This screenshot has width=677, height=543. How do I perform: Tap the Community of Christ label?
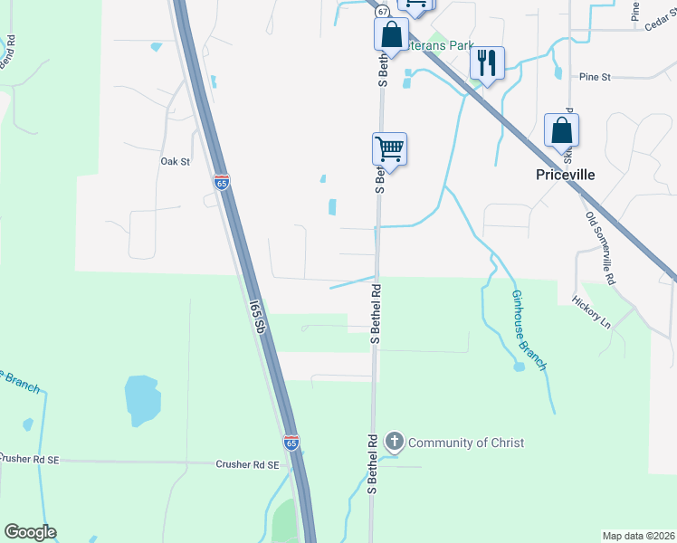point(466,443)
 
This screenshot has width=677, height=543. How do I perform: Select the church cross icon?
point(394,442)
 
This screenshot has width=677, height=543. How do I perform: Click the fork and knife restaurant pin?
point(487,63)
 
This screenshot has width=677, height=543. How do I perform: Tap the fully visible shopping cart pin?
point(389,148)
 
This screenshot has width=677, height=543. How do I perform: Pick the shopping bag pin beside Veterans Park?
point(391,35)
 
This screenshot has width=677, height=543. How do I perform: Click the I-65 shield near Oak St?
point(222,182)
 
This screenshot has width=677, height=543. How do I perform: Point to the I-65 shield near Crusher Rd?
point(291,443)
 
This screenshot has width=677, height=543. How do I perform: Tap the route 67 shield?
point(383,11)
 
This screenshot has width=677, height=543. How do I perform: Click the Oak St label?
point(175,161)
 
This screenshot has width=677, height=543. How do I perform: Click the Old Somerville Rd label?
point(599,249)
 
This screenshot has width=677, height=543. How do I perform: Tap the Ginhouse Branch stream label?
point(529,329)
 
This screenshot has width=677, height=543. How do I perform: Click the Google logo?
point(30,532)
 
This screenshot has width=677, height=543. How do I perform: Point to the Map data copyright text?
point(639,536)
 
